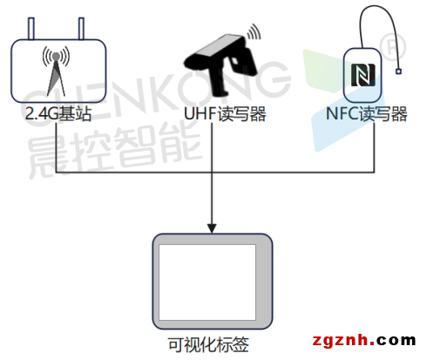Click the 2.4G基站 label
58,113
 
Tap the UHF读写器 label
225,113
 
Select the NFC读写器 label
367,113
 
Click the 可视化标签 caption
208,344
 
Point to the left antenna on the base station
31,29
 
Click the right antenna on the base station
81,29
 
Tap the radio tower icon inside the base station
56,71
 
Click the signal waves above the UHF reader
254,31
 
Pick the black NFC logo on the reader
363,75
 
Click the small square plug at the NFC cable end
398,71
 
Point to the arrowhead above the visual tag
212,228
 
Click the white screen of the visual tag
207,282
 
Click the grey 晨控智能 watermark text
115,148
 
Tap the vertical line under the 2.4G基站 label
56,147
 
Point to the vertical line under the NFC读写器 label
374,147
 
